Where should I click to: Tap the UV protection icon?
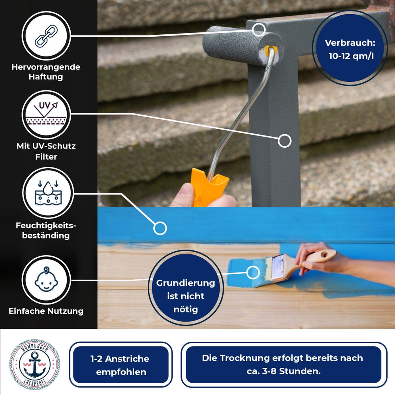point(46,115)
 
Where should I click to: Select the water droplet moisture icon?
point(48,192)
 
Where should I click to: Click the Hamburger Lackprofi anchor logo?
point(35,364)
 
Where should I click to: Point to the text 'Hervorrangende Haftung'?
point(46,71)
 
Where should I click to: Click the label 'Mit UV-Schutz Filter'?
point(46,151)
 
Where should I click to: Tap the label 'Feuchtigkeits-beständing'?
point(46,230)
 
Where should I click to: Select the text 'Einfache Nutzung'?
point(46,311)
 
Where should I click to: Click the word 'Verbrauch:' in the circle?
point(350,43)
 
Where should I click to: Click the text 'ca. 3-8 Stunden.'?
point(282,371)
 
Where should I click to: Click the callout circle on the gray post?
point(284,141)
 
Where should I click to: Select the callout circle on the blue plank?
point(160,228)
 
